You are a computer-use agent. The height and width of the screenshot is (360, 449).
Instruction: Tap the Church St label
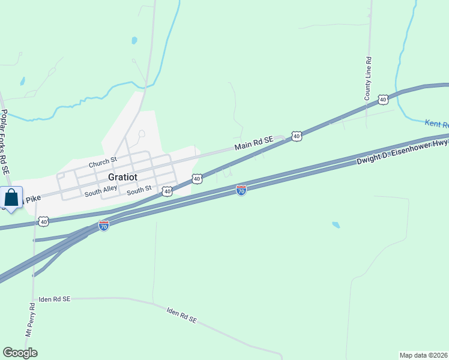point(103,163)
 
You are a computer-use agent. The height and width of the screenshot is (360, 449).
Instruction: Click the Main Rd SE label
point(253,143)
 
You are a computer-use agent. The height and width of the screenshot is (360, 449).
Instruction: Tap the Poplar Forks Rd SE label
point(5,142)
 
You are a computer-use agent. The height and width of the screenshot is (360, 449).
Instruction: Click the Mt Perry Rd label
point(29,319)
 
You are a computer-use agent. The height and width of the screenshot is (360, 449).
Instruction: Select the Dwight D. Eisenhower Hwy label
point(402,152)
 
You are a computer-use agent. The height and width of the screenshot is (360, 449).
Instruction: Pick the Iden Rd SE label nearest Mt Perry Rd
point(55,299)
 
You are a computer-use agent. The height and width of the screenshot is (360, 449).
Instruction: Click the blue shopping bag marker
point(11,198)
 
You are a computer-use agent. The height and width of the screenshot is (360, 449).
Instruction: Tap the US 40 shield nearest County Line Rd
point(383,99)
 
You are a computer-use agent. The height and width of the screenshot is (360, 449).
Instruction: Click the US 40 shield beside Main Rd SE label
point(297,137)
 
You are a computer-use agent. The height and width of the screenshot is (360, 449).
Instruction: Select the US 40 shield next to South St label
point(167,191)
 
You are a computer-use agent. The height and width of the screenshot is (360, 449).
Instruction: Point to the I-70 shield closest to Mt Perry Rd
point(104,226)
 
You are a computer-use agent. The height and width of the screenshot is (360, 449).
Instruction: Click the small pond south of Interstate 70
point(336,225)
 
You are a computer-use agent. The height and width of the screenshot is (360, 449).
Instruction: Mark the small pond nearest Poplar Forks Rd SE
point(22,80)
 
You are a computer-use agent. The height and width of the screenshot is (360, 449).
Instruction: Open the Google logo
point(20,353)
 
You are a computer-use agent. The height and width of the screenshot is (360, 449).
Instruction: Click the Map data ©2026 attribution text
point(424,355)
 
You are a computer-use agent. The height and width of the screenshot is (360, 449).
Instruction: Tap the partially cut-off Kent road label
point(437,124)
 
